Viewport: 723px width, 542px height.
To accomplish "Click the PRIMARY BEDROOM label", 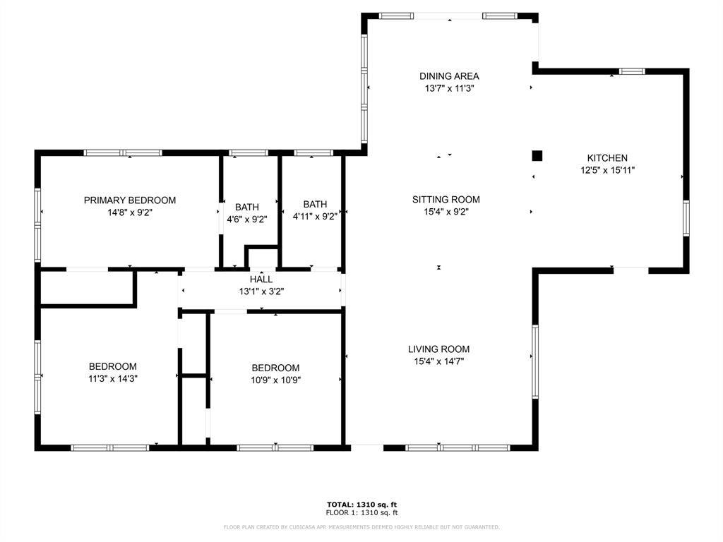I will [129, 200].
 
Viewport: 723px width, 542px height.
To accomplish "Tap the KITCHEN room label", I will [607, 158].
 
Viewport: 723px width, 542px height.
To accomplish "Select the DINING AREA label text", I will [449, 76].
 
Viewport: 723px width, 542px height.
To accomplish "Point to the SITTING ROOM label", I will [446, 200].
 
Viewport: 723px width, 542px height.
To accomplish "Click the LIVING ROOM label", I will [438, 349].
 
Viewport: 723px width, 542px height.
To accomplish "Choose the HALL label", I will [261, 279].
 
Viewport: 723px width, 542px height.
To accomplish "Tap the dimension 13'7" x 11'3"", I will [449, 88].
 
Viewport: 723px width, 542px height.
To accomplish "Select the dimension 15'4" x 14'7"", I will [438, 361].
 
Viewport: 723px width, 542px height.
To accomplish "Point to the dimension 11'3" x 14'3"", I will [112, 378].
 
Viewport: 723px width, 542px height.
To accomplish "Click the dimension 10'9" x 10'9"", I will [275, 380].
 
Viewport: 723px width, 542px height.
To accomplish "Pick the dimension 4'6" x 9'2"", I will [246, 219].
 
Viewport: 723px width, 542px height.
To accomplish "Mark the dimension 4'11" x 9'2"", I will [315, 217].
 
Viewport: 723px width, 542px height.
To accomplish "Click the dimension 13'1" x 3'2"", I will [261, 291].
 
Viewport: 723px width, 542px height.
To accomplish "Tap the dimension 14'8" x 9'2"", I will [129, 212].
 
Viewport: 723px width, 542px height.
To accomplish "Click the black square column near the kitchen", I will [537, 155].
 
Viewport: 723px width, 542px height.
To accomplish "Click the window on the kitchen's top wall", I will [632, 71].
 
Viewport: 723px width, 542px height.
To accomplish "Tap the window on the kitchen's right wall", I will [685, 217].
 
